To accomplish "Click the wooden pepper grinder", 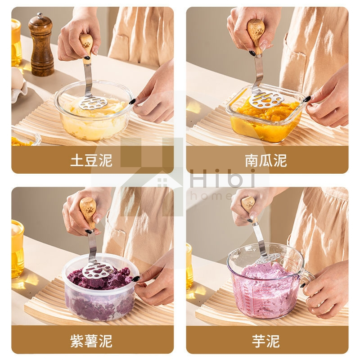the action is [41, 45].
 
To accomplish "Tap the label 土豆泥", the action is [91, 160].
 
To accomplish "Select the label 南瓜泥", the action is [266, 160].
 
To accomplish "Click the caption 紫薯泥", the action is [91, 341].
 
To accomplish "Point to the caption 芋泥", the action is [266, 341].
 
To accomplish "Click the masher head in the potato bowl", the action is [93, 103].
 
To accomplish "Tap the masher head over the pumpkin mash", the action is [267, 99].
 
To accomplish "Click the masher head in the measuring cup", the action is [268, 259].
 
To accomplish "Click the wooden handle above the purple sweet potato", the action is [88, 212].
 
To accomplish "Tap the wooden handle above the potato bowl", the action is [86, 48].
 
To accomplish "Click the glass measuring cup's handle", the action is [308, 278].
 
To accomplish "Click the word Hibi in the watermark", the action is [223, 178].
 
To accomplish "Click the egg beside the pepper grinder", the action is [18, 78].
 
